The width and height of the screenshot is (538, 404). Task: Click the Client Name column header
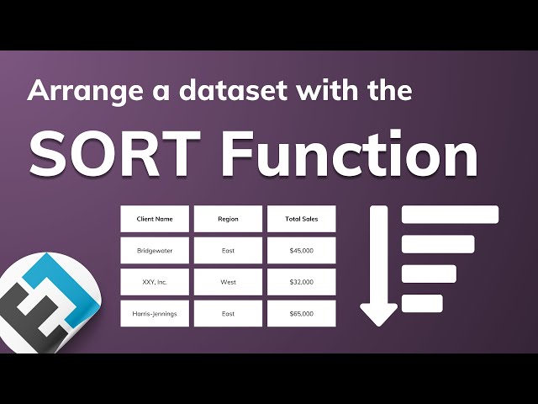point(155,219)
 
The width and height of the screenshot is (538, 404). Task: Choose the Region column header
point(228,219)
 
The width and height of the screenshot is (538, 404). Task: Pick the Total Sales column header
point(301,219)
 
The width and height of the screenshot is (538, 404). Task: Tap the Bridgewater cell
point(155,250)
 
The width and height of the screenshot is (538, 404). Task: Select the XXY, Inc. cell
point(155,282)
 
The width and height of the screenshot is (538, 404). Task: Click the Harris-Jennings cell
point(155,314)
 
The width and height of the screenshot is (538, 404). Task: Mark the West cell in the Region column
point(228,282)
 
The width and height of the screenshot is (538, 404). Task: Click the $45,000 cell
point(301,250)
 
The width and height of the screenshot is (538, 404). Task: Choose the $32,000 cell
point(301,282)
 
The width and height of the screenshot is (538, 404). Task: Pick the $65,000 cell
point(301,314)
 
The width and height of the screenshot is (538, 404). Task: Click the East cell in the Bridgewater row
point(228,250)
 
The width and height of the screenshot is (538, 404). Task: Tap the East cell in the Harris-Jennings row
point(228,314)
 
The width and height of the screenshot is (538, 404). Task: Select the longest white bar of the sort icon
point(450,215)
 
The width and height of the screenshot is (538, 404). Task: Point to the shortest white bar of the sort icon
point(422,303)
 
